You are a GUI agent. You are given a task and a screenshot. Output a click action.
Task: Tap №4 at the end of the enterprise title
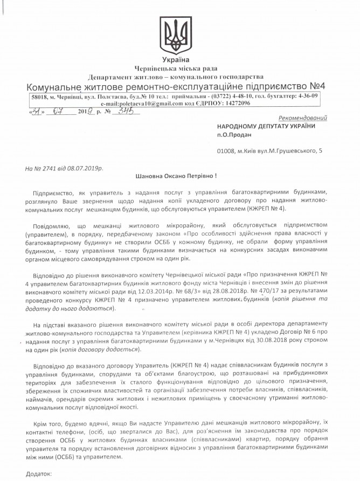(318, 86)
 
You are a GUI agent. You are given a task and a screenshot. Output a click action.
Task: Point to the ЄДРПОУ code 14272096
(233, 102)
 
